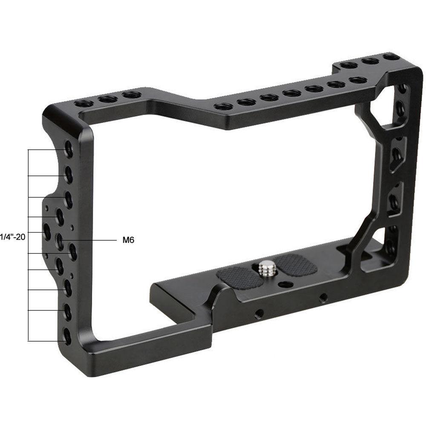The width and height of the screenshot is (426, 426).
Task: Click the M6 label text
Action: pyautogui.click(x=128, y=240)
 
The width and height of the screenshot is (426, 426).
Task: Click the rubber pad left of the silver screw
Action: pyautogui.click(x=239, y=277)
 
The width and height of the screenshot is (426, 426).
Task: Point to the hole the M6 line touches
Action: pyautogui.click(x=60, y=241)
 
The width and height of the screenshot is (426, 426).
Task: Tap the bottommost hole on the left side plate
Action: pyautogui.click(x=67, y=336)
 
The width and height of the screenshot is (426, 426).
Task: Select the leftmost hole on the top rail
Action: pyautogui.click(x=83, y=103)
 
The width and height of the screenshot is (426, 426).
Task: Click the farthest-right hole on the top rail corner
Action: pyautogui.click(x=390, y=56)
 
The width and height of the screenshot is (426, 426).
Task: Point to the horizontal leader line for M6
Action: pyautogui.click(x=94, y=240)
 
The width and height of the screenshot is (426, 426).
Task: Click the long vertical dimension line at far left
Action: pyautogui.click(x=28, y=245)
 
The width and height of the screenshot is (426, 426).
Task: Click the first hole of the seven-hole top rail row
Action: pyautogui.click(x=223, y=106)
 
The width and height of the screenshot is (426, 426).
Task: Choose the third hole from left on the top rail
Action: pyautogui.click(x=131, y=94)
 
